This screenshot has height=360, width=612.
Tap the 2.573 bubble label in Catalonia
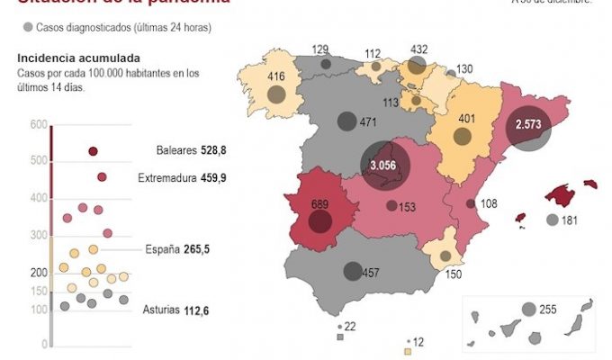point(528,124)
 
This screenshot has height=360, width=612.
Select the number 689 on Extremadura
point(319,204)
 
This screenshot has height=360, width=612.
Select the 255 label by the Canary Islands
point(548,310)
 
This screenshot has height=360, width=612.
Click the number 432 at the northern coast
point(418,49)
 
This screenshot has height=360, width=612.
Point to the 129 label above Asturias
point(321,49)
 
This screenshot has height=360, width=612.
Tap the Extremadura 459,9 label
point(182,178)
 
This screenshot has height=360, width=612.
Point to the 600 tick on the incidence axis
point(38,124)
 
